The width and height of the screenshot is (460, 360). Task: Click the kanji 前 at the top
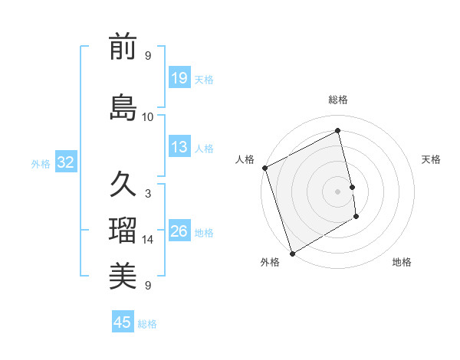pyautogui.click(x=123, y=47)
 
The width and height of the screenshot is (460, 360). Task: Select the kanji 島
pyautogui.click(x=123, y=107)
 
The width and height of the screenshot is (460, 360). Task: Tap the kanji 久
pyautogui.click(x=123, y=185)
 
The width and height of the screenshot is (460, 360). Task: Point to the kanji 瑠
pyautogui.click(x=123, y=230)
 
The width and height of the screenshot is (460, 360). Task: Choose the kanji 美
pyautogui.click(x=123, y=276)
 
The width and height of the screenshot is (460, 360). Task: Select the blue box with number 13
pyautogui.click(x=179, y=146)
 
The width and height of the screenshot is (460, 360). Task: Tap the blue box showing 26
pyautogui.click(x=179, y=231)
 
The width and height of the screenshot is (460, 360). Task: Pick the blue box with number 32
pyautogui.click(x=65, y=162)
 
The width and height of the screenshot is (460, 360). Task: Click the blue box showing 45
pyautogui.click(x=123, y=322)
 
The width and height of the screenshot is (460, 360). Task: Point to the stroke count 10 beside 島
pyautogui.click(x=148, y=116)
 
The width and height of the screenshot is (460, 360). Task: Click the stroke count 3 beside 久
pyautogui.click(x=148, y=194)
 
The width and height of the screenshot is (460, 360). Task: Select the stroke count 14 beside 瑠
pyautogui.click(x=148, y=240)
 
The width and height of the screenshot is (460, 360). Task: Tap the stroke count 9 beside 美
pyautogui.click(x=148, y=286)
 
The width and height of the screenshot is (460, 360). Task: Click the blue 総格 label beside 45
pyautogui.click(x=147, y=324)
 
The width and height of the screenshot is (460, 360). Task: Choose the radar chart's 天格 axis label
pyautogui.click(x=432, y=159)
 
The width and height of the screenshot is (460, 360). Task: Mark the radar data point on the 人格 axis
pyautogui.click(x=264, y=168)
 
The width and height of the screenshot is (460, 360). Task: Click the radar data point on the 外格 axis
pyautogui.click(x=291, y=253)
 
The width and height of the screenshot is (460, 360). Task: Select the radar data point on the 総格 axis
pyautogui.click(x=338, y=131)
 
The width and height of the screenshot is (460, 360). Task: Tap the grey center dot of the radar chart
pyautogui.click(x=338, y=191)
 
